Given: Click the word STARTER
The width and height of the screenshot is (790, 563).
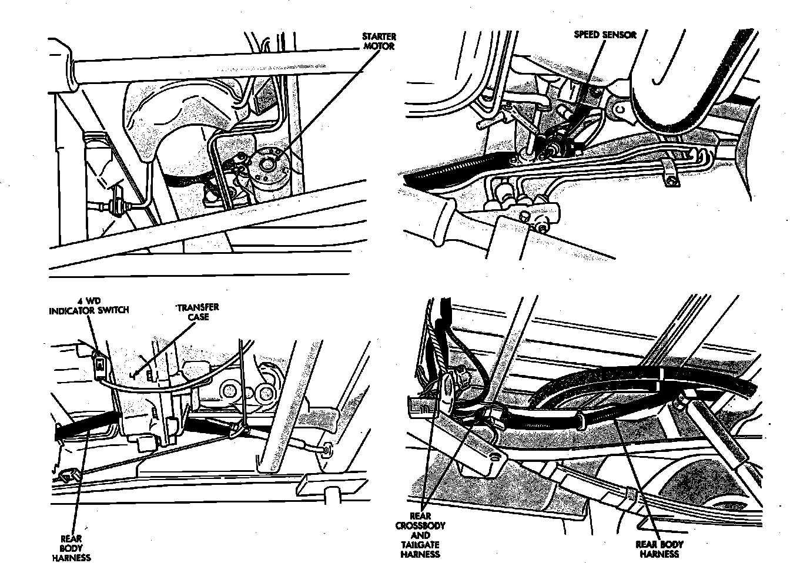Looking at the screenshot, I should (379, 37).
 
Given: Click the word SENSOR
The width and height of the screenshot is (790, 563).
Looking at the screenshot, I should (620, 35).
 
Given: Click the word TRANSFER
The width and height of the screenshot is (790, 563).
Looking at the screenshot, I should (199, 308).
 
